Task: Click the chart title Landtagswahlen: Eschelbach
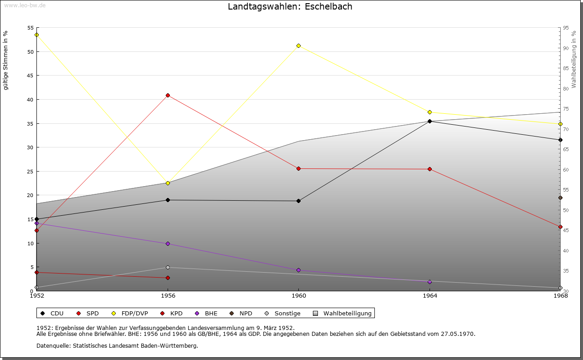tap(290, 7)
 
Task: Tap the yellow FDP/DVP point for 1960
tap(298, 46)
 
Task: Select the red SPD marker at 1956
tap(168, 95)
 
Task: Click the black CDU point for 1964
tap(430, 121)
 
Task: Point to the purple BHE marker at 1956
tap(168, 243)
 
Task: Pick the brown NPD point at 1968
tap(560, 198)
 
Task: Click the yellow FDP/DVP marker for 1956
tap(168, 183)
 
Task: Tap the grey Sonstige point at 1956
tap(168, 267)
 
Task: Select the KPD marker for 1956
tap(168, 278)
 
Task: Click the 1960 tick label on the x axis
tap(298, 295)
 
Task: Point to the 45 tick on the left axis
tap(31, 76)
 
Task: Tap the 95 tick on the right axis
tap(565, 28)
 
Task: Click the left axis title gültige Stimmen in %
tap(6, 61)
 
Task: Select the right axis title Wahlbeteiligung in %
tap(573, 59)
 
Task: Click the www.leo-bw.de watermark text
tap(25, 5)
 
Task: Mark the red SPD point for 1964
tap(430, 169)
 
